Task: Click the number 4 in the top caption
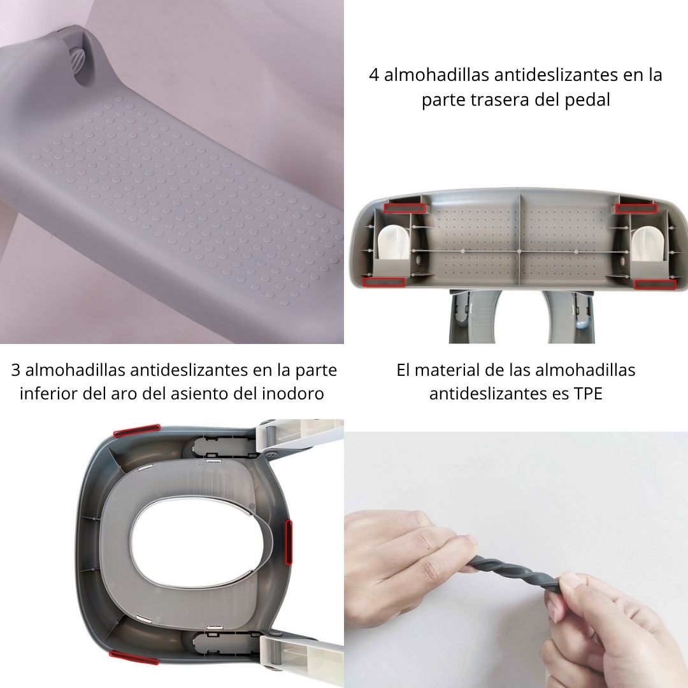pos(373,75)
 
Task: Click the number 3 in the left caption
pos(16,370)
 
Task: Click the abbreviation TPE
pos(588,393)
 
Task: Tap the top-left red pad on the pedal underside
pos(405,208)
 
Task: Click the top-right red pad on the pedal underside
pos(636,208)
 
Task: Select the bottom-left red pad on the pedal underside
pos(384,282)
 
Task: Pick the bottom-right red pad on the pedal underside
pos(655,284)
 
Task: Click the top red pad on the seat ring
pos(137,431)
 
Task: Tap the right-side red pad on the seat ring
pos(289,541)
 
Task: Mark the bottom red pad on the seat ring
pos(134,657)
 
